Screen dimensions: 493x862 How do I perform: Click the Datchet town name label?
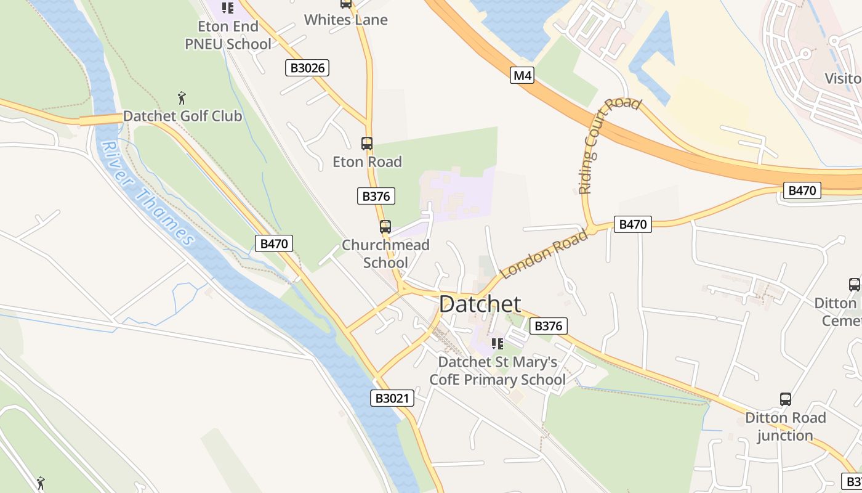(480, 304)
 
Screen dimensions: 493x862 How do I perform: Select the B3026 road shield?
(307, 68)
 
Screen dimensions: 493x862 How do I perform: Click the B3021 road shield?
(392, 398)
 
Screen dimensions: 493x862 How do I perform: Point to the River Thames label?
(147, 191)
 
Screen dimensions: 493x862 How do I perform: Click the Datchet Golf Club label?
(182, 116)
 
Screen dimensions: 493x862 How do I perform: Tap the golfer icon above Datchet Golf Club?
(182, 98)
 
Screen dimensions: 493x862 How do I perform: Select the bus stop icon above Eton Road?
(367, 144)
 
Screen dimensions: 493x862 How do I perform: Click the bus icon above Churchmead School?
(385, 227)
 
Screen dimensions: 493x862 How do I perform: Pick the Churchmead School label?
(385, 254)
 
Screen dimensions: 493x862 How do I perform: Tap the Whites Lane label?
(346, 20)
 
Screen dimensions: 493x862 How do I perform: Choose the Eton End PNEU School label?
(228, 35)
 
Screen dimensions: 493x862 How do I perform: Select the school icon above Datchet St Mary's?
(497, 343)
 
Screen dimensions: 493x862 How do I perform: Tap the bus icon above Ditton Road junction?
(786, 399)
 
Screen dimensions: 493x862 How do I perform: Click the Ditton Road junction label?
(785, 426)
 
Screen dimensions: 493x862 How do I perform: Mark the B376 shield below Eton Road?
(376, 197)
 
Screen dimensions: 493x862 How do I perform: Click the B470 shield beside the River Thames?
(274, 243)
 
